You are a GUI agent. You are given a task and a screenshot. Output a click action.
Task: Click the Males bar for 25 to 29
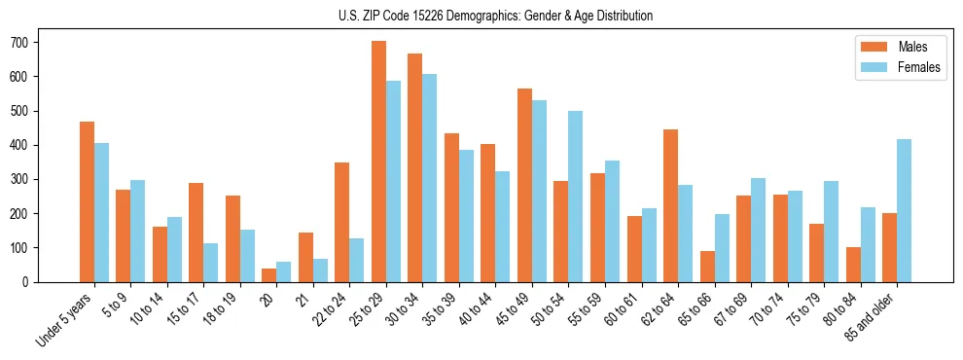(379, 162)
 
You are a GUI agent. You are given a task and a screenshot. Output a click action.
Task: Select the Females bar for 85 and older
(905, 210)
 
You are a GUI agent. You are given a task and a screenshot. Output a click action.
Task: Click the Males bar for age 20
(269, 275)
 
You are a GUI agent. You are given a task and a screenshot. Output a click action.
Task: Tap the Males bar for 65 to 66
(707, 267)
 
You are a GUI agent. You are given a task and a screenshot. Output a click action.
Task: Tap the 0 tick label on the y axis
(32, 282)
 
